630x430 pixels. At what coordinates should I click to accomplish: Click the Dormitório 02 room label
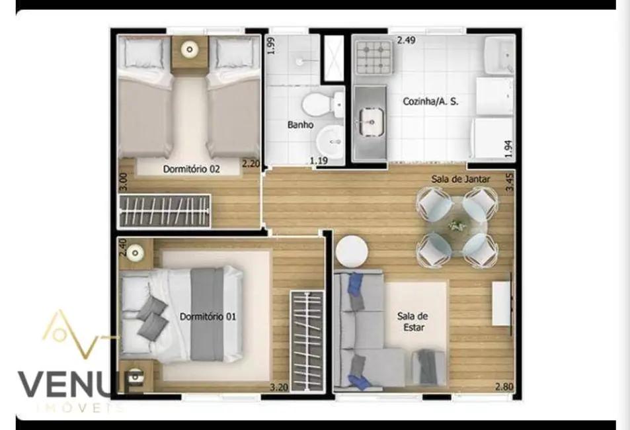191,169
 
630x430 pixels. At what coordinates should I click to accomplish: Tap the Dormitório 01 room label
208,316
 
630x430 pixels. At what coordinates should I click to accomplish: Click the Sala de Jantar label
456,179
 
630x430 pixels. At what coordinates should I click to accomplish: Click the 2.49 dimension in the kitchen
407,40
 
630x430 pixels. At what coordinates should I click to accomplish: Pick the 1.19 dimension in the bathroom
320,160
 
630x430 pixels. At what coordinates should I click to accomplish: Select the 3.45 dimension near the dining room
509,181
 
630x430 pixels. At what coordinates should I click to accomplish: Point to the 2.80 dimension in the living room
504,387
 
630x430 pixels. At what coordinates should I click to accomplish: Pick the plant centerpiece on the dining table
456,226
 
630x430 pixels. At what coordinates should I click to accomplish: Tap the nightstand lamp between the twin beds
190,49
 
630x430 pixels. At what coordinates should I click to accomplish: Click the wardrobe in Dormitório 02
164,210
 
